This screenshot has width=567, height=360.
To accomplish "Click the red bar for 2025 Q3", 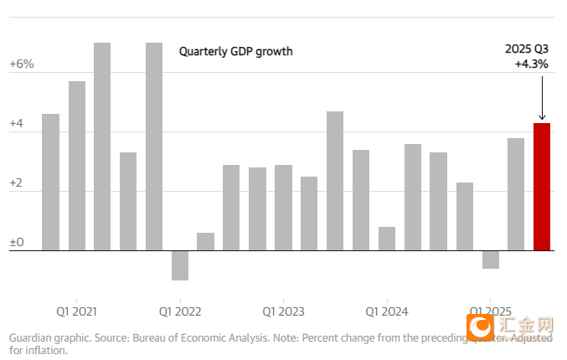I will coord(542,187).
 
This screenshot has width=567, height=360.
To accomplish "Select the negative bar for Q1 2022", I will coord(180,265).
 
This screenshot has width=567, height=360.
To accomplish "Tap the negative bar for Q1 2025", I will coord(490,260).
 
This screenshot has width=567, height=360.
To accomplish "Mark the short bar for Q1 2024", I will coord(387,239).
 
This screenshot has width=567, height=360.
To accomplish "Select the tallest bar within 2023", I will coord(335,181).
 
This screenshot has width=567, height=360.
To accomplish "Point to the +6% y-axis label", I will coord(21,64).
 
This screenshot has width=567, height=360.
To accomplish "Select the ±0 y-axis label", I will coord(17,244).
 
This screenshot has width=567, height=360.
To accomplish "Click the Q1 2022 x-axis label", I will coord(180,311).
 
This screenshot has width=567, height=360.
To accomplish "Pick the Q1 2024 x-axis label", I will coord(387,311).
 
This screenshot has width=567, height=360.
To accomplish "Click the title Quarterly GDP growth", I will coord(236,51).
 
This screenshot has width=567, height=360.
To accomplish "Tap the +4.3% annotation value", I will coord(532,63).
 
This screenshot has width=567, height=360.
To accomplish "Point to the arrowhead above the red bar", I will coord(542,117).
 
